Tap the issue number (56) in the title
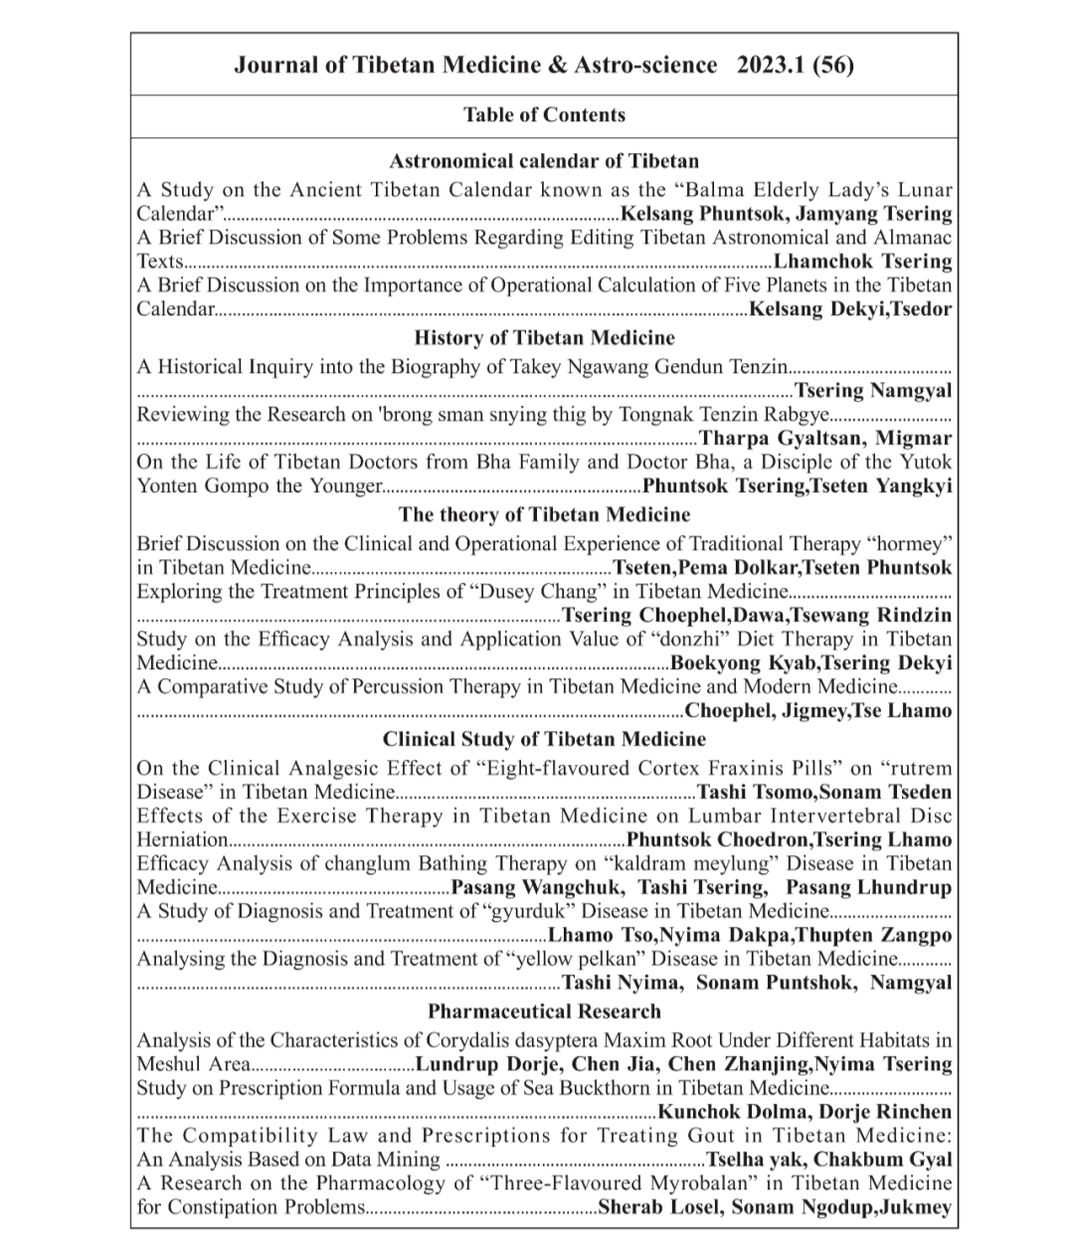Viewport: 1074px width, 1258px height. pos(833,66)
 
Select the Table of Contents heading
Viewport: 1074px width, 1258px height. pos(544,114)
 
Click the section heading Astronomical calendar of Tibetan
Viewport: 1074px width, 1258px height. pos(544,161)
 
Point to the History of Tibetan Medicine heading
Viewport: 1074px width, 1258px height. pos(544,338)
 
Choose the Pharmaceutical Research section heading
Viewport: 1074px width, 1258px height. pos(544,1011)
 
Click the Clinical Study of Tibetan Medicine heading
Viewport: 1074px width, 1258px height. pos(544,739)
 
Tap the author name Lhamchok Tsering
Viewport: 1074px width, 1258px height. pos(862,262)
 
